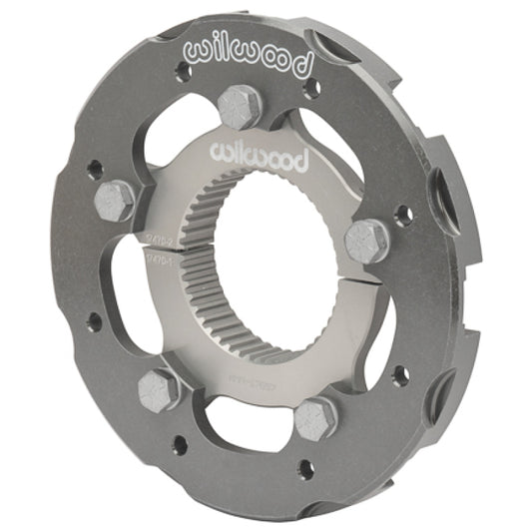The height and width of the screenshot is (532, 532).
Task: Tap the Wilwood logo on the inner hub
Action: [x=257, y=154]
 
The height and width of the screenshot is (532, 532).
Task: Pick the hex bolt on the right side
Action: [x=366, y=241]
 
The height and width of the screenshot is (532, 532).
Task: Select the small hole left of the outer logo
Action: [x=181, y=73]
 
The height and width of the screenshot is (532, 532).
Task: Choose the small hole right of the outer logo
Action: [x=311, y=88]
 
